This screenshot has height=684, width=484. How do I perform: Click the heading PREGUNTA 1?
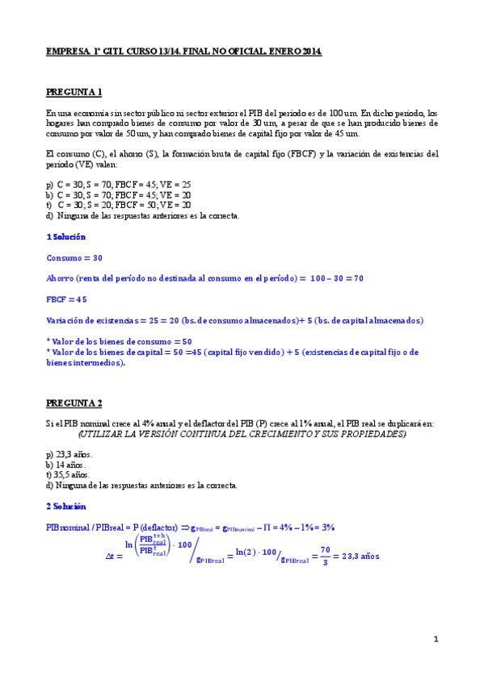(x=74, y=93)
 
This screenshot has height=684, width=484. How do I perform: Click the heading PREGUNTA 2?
(x=74, y=402)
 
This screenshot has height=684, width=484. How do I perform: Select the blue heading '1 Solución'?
(x=65, y=237)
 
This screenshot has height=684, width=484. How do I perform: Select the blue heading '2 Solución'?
(x=65, y=506)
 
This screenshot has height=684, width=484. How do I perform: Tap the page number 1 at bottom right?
(x=436, y=640)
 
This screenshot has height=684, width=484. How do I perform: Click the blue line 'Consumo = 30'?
(x=75, y=258)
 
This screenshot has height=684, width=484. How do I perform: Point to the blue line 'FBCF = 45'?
(x=66, y=299)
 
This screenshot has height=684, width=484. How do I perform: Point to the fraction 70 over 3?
(x=326, y=557)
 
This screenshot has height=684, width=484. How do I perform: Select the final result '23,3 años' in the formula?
(x=360, y=557)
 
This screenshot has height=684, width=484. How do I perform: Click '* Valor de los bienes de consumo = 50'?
(x=120, y=341)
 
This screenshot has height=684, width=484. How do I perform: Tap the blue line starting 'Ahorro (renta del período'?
(x=205, y=278)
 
